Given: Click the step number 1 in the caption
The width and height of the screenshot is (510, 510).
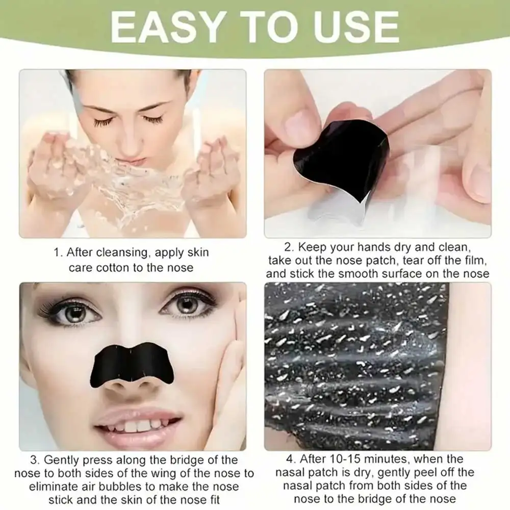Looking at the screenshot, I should (x=57, y=252).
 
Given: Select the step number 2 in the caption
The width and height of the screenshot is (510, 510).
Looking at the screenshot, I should (x=289, y=247).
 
